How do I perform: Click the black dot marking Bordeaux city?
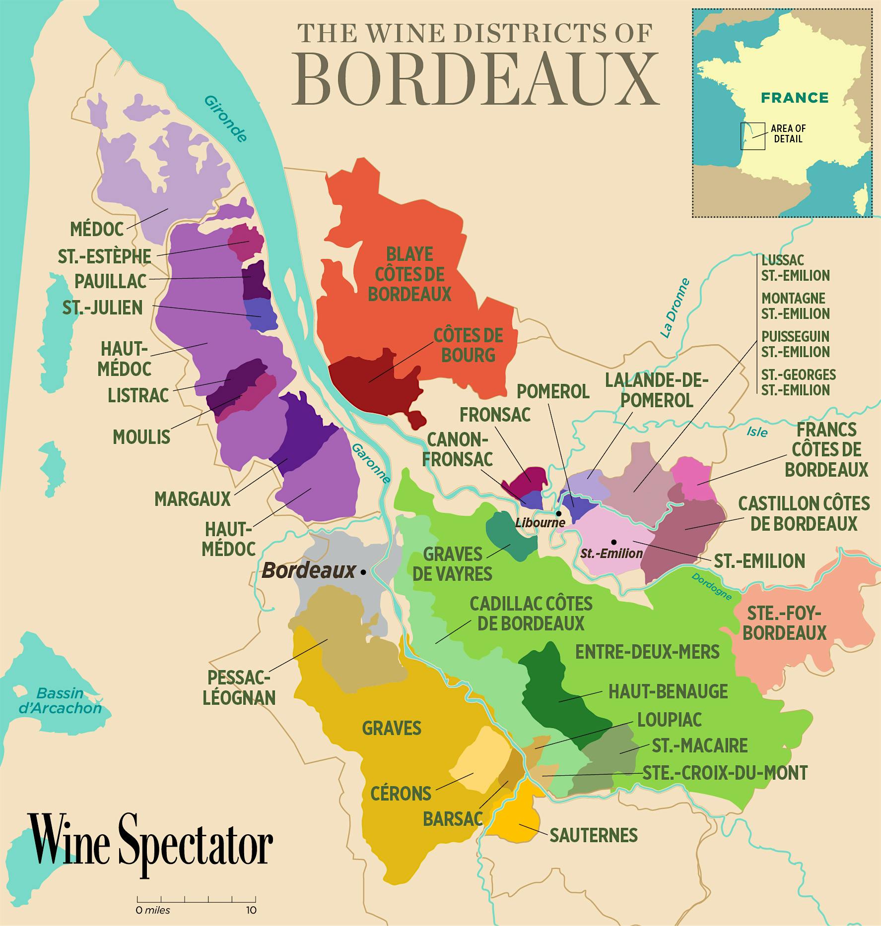click(363, 572)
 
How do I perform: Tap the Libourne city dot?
click(558, 513)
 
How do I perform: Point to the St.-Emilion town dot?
click(614, 542)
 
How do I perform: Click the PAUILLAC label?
click(111, 281)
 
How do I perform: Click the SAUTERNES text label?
click(593, 835)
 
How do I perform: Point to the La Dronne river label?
click(675, 308)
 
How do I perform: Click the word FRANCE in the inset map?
click(795, 97)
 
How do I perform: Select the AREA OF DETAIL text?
click(788, 133)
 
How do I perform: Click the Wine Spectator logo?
click(150, 845)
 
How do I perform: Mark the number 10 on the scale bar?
click(251, 910)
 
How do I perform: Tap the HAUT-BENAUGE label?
click(668, 691)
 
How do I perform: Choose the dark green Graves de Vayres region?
click(510, 536)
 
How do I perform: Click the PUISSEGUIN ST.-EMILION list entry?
click(795, 344)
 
